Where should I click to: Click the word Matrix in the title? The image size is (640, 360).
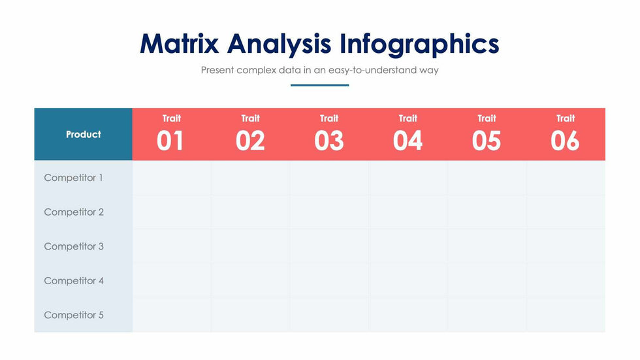[x=180, y=43]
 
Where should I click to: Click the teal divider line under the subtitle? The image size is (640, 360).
[x=319, y=86]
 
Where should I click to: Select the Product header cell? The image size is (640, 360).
[x=84, y=134]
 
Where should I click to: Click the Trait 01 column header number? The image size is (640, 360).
[x=170, y=141]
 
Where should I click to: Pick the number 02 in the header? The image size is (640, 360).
[x=250, y=141]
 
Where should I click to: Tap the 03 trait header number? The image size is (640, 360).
[x=329, y=141]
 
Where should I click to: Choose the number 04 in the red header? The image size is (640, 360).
[x=408, y=141]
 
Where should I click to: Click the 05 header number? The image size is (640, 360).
[x=487, y=141]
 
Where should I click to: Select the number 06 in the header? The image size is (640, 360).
[x=566, y=141]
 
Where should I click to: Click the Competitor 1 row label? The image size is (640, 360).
[x=73, y=178]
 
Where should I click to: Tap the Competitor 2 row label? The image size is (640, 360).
[x=74, y=212]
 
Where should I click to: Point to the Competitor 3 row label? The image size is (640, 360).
[x=74, y=246]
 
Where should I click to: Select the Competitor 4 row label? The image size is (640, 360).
[x=74, y=281]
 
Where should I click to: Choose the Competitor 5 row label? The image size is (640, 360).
[x=74, y=315]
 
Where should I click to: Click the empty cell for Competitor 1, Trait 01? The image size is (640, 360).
[x=172, y=178]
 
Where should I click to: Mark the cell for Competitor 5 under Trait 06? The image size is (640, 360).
[x=566, y=315]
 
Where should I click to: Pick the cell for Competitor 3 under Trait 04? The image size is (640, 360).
[x=408, y=246]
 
